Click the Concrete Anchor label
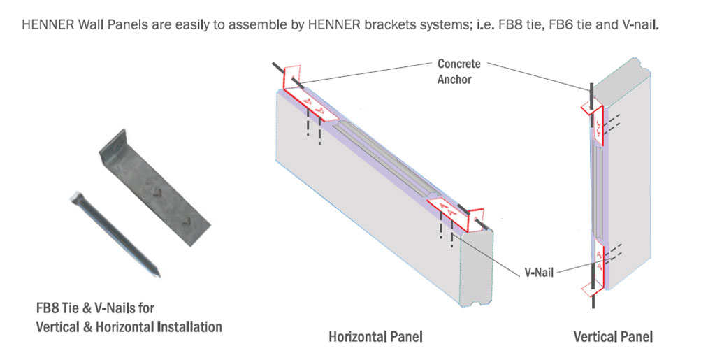(458, 71)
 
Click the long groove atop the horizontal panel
(381, 157)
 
